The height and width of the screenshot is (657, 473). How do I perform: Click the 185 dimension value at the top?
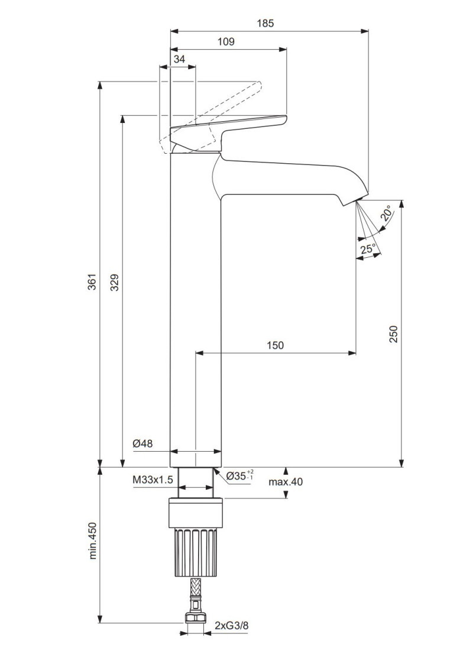pyautogui.click(x=265, y=23)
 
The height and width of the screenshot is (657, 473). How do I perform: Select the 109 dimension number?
pyautogui.click(x=226, y=41)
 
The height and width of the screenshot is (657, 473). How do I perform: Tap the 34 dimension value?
pyautogui.click(x=179, y=60)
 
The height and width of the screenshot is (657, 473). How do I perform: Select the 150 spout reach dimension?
pyautogui.click(x=275, y=345)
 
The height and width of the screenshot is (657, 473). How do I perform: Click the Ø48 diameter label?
pyautogui.click(x=142, y=444)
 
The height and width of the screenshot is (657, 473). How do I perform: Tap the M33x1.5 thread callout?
pyautogui.click(x=153, y=480)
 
